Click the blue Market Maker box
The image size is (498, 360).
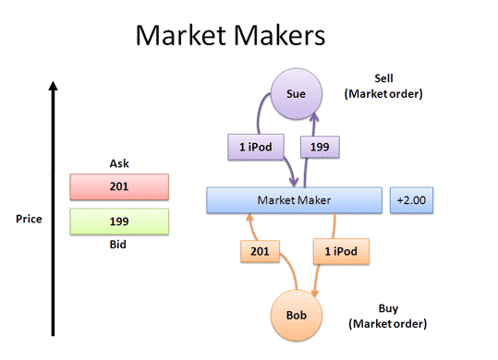click(294, 199)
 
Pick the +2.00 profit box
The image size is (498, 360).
click(409, 199)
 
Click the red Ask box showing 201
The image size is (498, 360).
click(118, 186)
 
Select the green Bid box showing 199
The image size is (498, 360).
click(118, 222)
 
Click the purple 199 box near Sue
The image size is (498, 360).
click(320, 146)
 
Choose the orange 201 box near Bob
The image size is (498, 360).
click(260, 251)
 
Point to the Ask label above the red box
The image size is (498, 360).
click(118, 163)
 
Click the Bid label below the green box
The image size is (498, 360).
click(118, 245)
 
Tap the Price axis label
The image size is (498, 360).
click(28, 220)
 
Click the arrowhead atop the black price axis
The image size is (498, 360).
click(54, 86)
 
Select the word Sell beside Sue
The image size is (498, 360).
click(384, 78)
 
